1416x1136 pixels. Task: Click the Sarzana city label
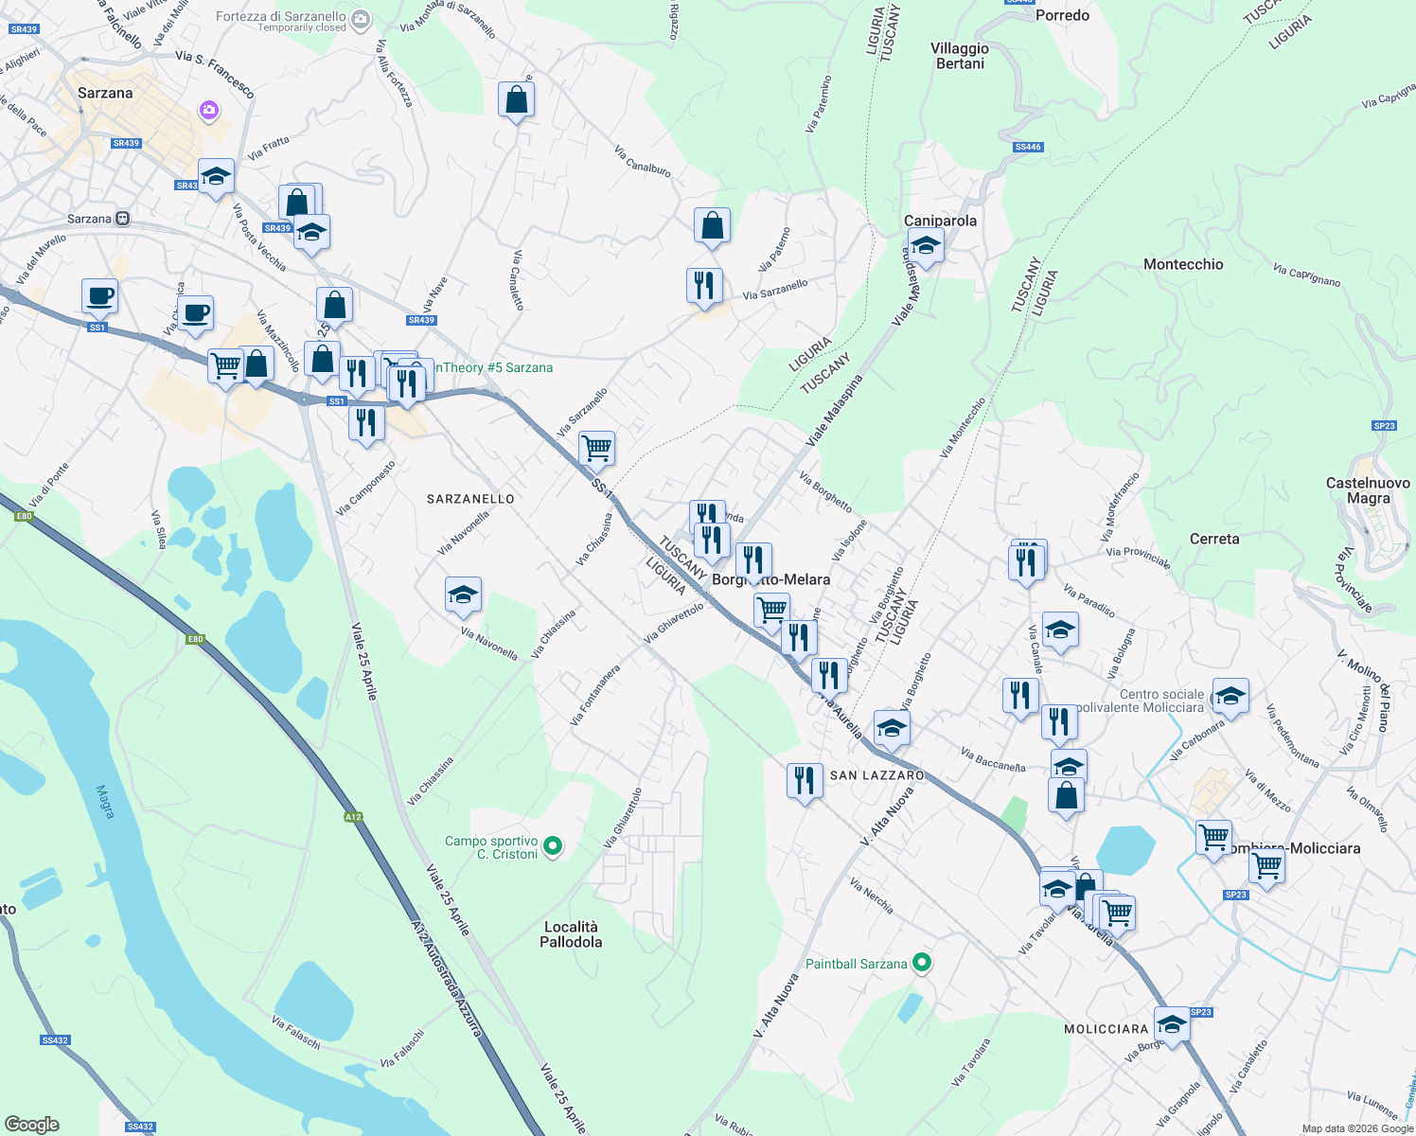click(105, 93)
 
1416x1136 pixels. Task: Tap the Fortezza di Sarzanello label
click(280, 17)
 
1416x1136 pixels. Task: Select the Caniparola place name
click(940, 221)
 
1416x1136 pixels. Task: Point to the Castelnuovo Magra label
click(1369, 490)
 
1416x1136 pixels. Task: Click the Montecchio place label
click(1183, 264)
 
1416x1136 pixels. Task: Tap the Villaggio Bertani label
click(960, 56)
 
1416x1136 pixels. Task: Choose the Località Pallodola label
click(571, 934)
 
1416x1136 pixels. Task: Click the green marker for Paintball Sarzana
click(922, 964)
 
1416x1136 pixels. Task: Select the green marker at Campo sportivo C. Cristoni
click(555, 845)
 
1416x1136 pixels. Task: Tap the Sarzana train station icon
click(122, 219)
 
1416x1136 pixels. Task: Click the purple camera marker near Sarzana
click(209, 111)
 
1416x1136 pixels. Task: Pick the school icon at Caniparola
click(925, 246)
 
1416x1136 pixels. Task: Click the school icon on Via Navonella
click(463, 595)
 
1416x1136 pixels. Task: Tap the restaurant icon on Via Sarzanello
click(704, 285)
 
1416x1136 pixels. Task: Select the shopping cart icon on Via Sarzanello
click(596, 448)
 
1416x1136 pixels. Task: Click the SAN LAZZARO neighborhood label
click(876, 775)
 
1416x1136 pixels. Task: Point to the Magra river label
click(105, 801)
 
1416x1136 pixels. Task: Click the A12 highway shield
click(353, 817)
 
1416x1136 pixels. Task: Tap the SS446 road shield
click(1027, 147)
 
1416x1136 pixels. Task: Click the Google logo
click(32, 1125)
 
